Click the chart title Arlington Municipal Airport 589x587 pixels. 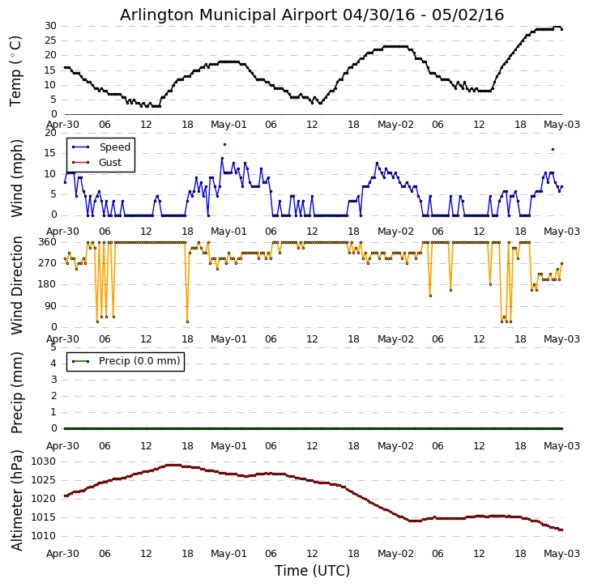(312, 15)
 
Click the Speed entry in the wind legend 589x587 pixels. (114, 147)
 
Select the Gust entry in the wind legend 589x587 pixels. (110, 163)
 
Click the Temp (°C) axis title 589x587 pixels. (16, 70)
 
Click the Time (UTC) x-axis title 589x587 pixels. (312, 571)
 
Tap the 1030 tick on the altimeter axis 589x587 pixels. (44, 462)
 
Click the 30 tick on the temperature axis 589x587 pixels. (50, 26)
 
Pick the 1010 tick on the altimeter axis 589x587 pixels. (44, 536)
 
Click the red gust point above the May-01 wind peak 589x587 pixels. (224, 144)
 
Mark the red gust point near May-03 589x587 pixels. (553, 149)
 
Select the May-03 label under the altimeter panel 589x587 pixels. (561, 554)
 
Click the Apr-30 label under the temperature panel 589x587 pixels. (63, 125)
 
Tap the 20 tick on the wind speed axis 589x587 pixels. (50, 133)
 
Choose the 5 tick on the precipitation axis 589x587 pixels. (53, 346)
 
